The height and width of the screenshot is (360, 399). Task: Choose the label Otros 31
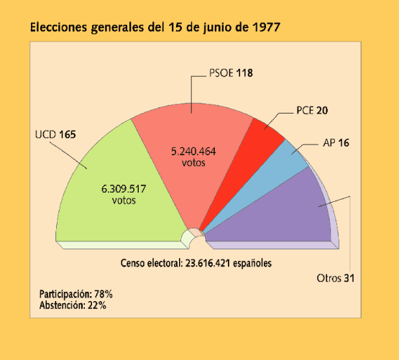(336, 278)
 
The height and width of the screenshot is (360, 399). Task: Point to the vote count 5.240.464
(193, 152)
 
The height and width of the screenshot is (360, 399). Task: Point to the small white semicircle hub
(192, 236)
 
